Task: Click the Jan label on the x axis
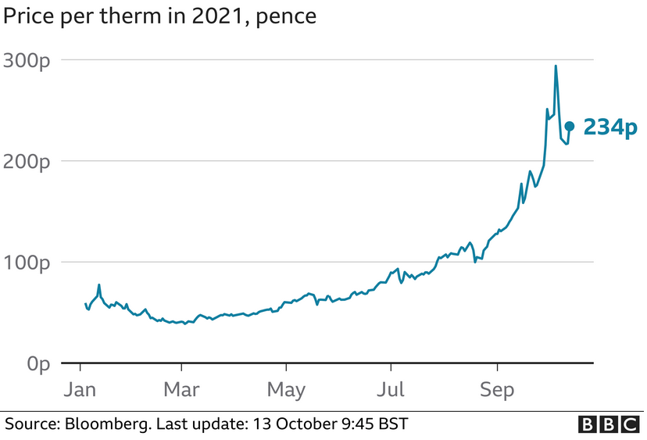tap(80, 388)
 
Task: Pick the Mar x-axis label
tap(181, 388)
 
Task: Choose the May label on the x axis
tap(285, 388)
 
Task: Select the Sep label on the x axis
tap(497, 388)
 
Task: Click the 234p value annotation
tap(610, 127)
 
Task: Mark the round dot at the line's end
tap(570, 126)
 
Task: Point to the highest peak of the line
tap(556, 66)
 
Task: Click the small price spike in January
tap(99, 285)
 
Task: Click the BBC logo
tap(608, 424)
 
